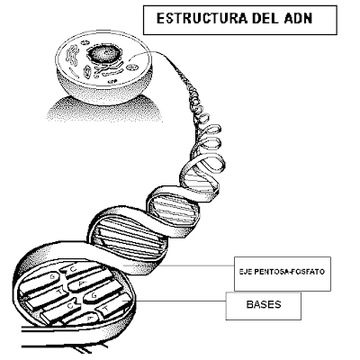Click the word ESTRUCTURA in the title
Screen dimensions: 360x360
tap(202, 19)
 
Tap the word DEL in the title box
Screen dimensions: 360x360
tap(265, 19)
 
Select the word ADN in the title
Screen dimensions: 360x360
tap(298, 19)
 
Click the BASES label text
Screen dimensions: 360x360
tap(264, 304)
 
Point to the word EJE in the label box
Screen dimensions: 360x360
tap(246, 272)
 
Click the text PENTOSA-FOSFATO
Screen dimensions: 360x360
tap(290, 272)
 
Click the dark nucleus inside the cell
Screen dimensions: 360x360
tap(104, 55)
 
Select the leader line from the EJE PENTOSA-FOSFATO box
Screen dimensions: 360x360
tap(179, 265)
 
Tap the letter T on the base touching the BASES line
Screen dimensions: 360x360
tap(105, 309)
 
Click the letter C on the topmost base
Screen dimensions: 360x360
tap(74, 269)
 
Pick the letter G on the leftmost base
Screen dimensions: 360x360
tap(52, 277)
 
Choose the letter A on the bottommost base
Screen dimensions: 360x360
tap(89, 318)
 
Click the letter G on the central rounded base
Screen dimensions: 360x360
tap(94, 295)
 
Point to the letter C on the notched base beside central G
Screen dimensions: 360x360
tap(70, 306)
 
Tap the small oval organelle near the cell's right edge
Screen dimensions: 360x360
tap(130, 67)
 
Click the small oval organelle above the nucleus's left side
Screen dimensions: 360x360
tap(85, 43)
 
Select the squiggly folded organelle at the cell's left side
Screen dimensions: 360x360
tap(73, 56)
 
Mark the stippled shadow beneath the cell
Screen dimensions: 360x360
tap(105, 110)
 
